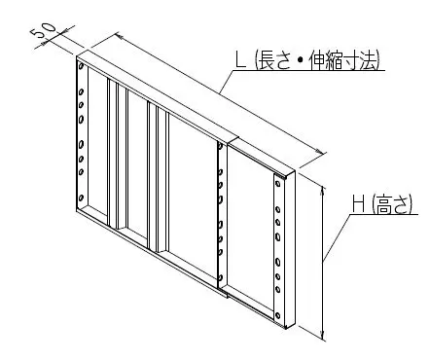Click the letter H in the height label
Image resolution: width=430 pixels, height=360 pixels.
[x=357, y=203]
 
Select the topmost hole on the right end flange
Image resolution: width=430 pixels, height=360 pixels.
[x=278, y=182]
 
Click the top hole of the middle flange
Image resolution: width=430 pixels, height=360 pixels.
[x=222, y=157]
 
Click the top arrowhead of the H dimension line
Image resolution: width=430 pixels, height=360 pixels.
[x=323, y=182]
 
